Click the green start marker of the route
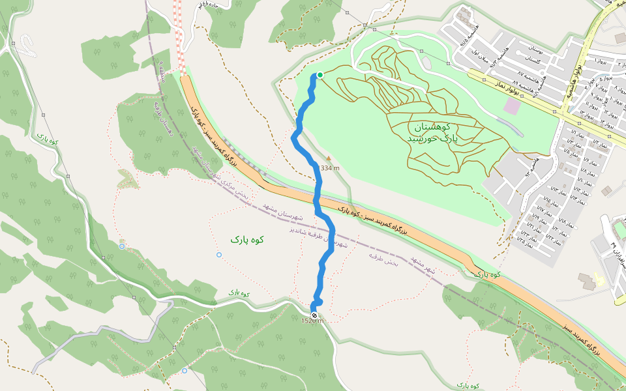point(320,75)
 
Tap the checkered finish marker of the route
point(314,316)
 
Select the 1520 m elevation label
point(312,321)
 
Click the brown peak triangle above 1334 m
point(329,158)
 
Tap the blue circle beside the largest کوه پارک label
point(219,254)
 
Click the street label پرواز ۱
point(601,61)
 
